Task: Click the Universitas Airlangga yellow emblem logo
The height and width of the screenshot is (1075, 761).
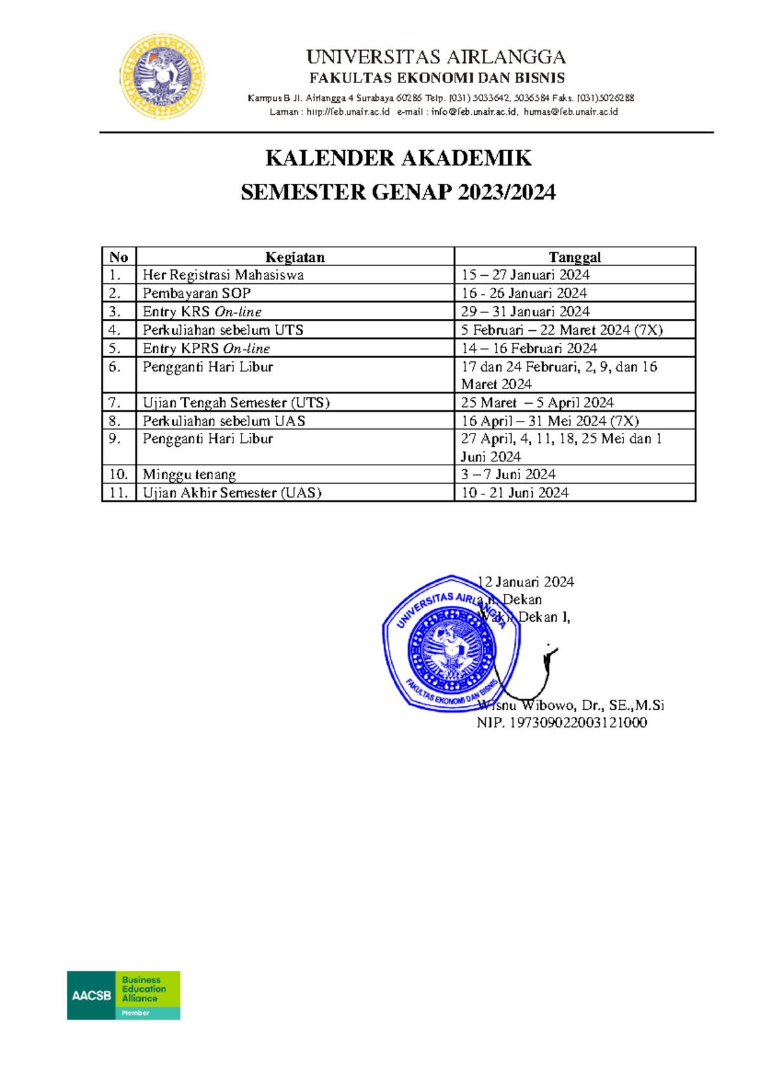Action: click(x=162, y=77)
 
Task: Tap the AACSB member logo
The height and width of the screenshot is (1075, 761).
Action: click(x=124, y=995)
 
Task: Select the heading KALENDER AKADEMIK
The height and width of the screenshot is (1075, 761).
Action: click(x=398, y=158)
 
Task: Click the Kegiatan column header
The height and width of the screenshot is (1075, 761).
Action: click(x=295, y=257)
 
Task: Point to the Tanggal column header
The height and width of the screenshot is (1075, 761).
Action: click(x=575, y=257)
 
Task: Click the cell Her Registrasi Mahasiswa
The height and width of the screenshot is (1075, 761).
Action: click(x=223, y=275)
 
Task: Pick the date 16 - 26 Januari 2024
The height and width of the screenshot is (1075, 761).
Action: click(x=524, y=293)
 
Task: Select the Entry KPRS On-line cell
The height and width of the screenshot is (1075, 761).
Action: click(x=206, y=349)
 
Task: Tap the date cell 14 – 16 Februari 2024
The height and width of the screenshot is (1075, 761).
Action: click(x=529, y=349)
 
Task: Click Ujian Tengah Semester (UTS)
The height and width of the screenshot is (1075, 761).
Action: click(x=236, y=402)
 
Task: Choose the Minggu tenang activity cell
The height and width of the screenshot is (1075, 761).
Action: click(x=189, y=475)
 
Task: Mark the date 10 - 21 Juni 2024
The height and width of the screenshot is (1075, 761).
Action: click(x=514, y=493)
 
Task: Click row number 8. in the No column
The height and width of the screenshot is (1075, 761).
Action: click(x=115, y=421)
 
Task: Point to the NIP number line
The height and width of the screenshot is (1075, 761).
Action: click(x=562, y=723)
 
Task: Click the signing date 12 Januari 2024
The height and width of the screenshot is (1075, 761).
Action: click(x=526, y=582)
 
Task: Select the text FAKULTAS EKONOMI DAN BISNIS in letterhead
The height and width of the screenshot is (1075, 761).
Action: click(x=436, y=78)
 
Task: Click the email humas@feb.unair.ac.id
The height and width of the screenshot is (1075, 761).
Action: click(x=570, y=112)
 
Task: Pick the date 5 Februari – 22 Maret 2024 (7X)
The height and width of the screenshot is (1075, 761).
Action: click(x=561, y=330)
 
